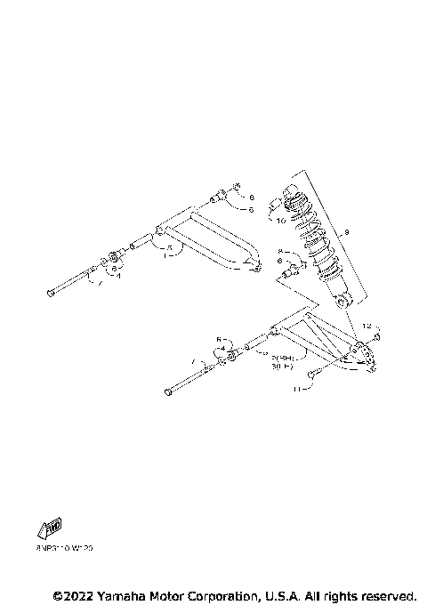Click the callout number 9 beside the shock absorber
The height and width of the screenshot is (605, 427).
coord(347,233)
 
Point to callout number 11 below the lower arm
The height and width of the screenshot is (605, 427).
coord(300,389)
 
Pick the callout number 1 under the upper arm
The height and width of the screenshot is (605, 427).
coord(165,254)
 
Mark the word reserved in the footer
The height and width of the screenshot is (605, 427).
coord(384,594)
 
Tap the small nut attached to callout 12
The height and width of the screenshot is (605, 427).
coord(378,337)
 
